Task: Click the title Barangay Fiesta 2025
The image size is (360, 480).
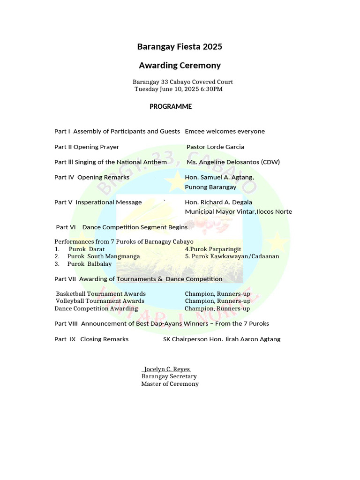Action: tap(180, 47)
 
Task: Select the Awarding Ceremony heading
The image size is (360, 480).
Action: tap(180, 66)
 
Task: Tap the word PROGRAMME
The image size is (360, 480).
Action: tap(171, 107)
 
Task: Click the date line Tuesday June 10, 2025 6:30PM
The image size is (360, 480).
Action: tap(179, 89)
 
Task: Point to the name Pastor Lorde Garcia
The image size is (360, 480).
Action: tap(215, 147)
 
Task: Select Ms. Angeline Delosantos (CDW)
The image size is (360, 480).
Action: tap(233, 162)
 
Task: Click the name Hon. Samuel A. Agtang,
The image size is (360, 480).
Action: tap(219, 178)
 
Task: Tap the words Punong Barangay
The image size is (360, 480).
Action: tap(210, 187)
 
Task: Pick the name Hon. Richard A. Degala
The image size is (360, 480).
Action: tap(218, 202)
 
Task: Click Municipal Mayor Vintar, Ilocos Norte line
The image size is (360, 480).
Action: tap(238, 212)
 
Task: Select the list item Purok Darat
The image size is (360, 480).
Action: tap(87, 249)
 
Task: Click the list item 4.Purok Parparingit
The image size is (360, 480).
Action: tap(213, 249)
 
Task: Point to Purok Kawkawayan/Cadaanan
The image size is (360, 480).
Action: tap(232, 257)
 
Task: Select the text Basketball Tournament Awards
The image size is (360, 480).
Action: tap(101, 294)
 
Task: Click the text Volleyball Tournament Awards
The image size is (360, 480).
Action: tap(100, 301)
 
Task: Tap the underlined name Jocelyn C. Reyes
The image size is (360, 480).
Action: tap(166, 369)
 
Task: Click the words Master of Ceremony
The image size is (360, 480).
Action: tap(170, 384)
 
